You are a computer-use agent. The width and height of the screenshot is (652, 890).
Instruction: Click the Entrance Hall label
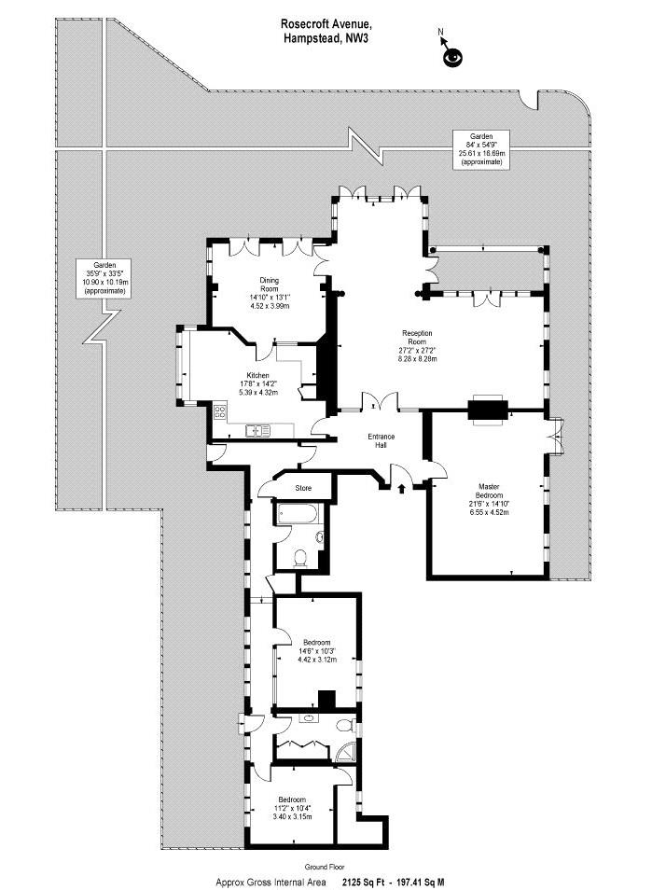coord(381,440)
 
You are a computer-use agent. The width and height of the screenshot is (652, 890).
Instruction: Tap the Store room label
coord(303,488)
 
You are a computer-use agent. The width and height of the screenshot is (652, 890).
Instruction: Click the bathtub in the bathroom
coord(298,514)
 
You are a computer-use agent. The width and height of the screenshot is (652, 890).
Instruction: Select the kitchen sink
coord(258,431)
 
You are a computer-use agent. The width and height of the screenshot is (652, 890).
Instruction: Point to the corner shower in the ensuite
coord(344,753)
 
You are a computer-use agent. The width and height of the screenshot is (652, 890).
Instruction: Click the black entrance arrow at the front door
coord(402,488)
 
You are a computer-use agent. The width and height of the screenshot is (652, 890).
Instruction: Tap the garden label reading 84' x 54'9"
coord(481,148)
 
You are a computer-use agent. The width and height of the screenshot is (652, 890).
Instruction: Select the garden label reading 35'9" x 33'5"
coord(105,278)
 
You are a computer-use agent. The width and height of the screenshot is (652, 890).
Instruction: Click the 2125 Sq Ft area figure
coord(362,882)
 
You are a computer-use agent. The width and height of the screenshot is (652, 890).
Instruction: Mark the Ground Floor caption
coord(325,867)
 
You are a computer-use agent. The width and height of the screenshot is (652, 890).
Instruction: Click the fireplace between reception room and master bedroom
coord(488,410)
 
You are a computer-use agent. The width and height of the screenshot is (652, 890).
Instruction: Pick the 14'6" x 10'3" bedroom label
coord(317,651)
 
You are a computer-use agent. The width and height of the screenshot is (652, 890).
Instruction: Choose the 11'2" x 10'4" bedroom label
coord(292,808)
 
